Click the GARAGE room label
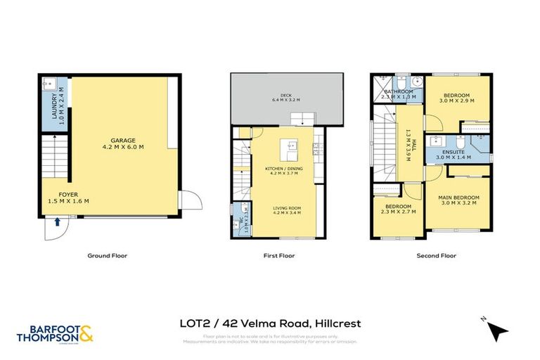tap(117, 140)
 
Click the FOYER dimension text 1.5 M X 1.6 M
tap(68, 201)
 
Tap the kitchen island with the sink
tap(288, 149)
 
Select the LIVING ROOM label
tap(288, 207)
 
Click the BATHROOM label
tap(397, 91)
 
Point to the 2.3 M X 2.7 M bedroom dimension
tap(399, 210)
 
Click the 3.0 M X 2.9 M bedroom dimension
tap(457, 101)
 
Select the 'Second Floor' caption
tap(436, 256)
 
